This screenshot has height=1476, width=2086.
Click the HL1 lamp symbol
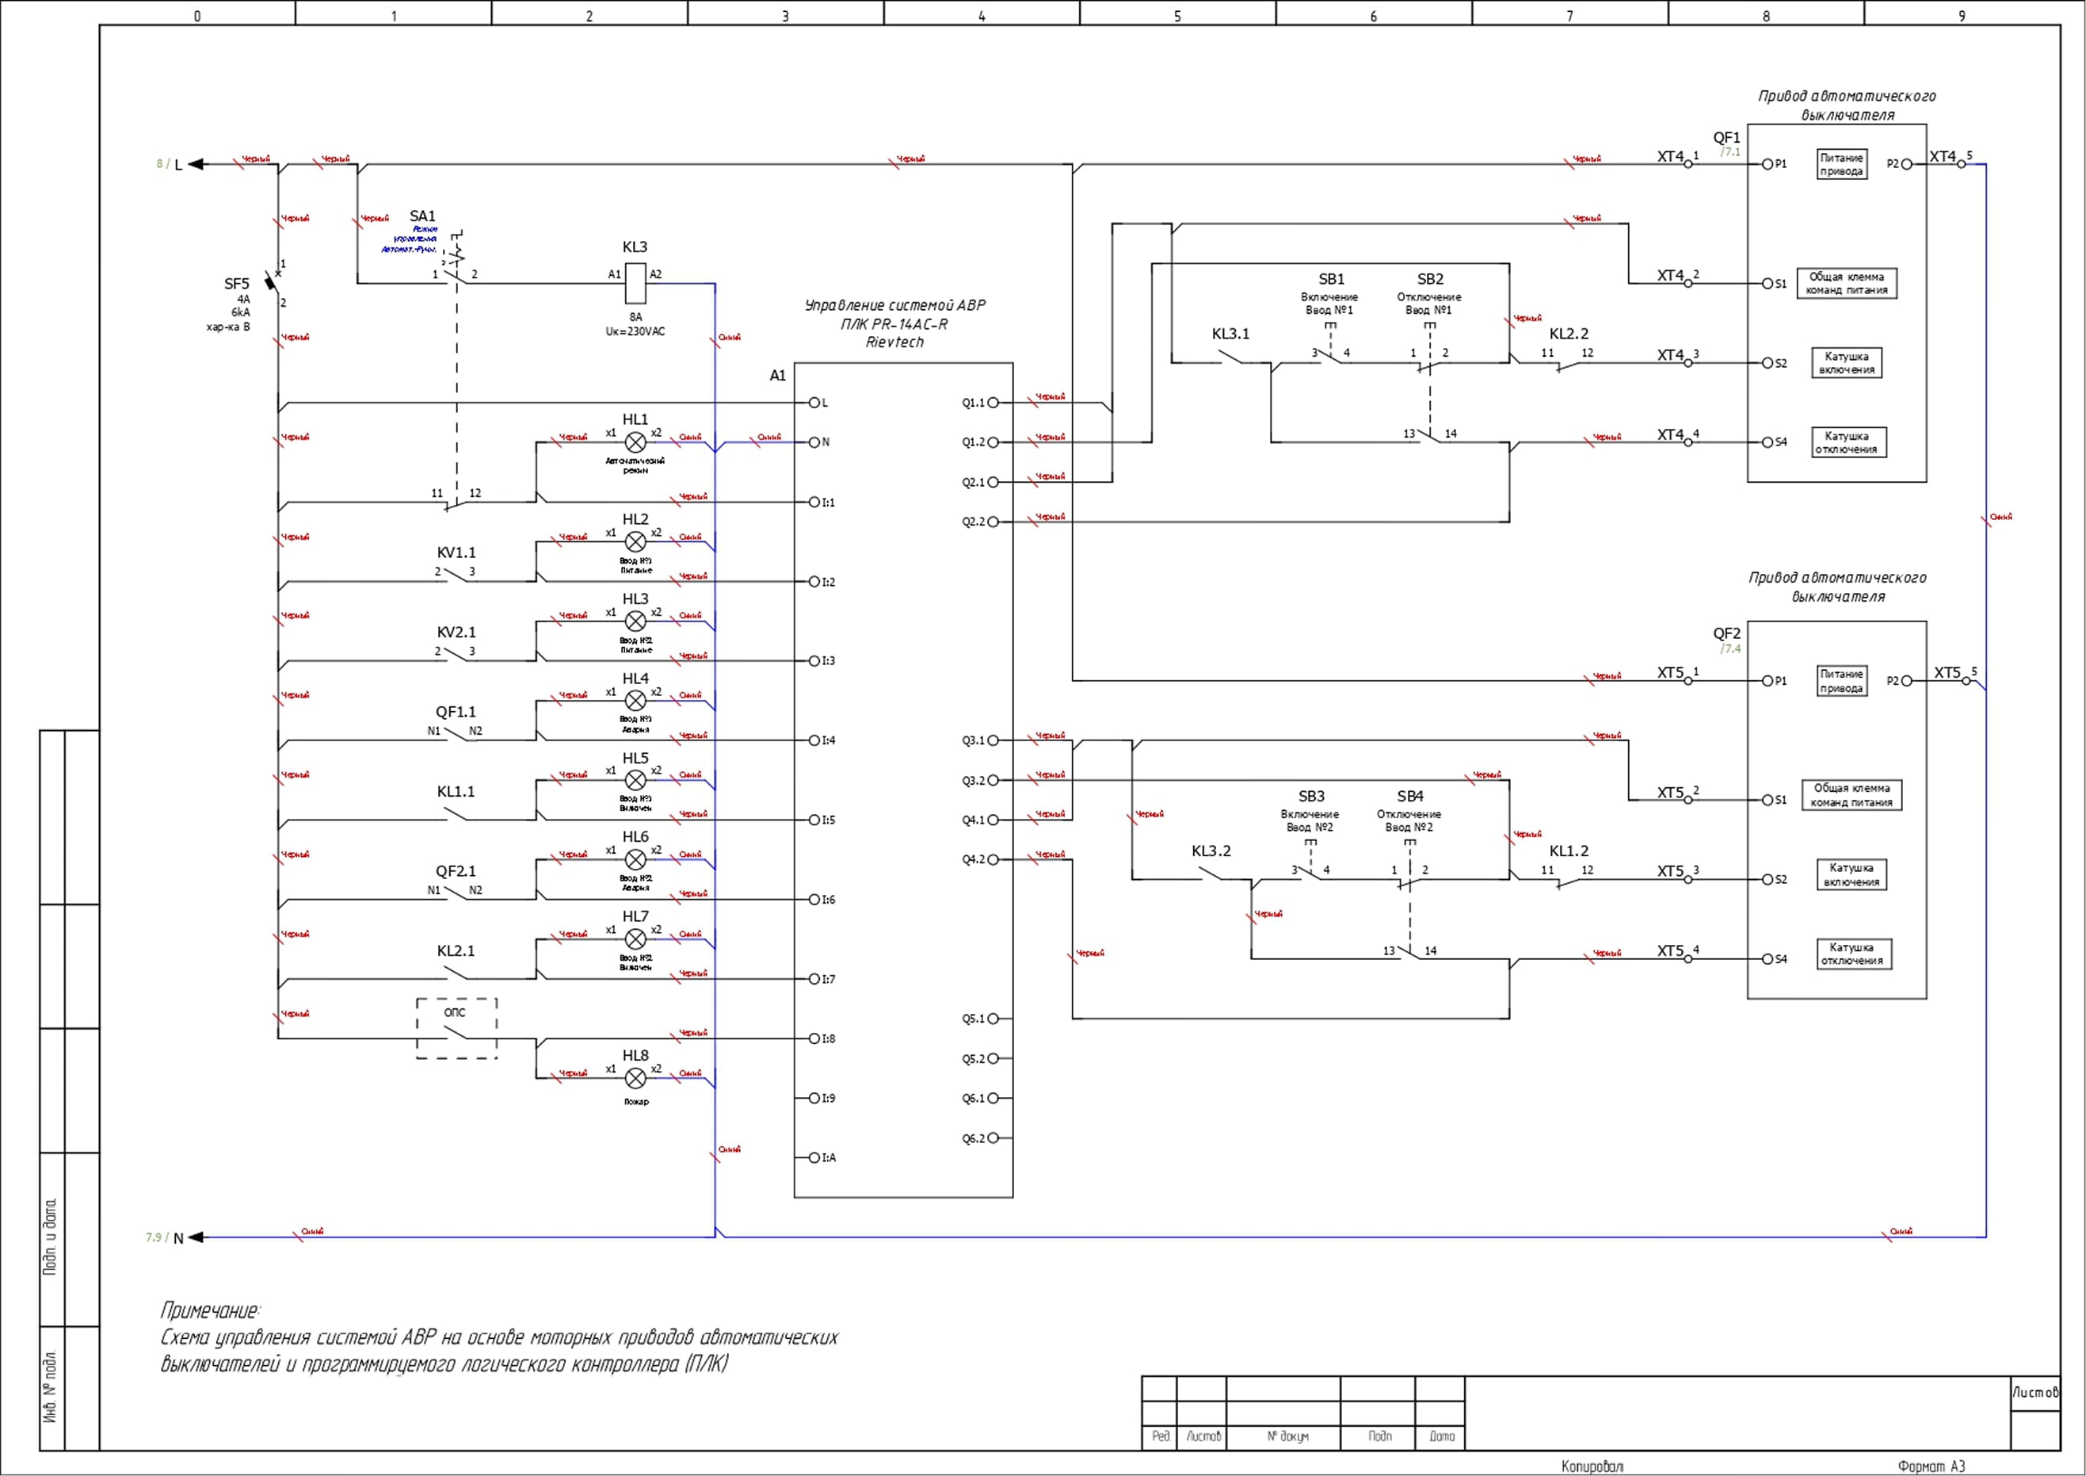(636, 442)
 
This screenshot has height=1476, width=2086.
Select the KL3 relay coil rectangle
(636, 283)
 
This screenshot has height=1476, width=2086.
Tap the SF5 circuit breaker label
(236, 284)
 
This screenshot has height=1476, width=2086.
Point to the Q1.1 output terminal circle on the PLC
(993, 403)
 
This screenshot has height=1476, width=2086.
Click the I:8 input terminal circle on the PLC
(814, 1039)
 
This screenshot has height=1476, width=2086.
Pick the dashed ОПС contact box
(456, 1029)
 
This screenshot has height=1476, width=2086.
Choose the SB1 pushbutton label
(1331, 279)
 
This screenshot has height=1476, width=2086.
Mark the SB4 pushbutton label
(1410, 796)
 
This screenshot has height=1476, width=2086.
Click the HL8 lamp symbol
(636, 1079)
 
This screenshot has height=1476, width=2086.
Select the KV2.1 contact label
(456, 633)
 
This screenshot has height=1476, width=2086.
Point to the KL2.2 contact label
(1569, 334)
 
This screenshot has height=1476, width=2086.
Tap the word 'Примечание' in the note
(210, 1310)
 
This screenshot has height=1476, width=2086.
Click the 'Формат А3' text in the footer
(1931, 1466)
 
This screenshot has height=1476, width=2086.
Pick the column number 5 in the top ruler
(1177, 15)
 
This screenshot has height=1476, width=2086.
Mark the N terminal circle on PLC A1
(814, 442)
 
